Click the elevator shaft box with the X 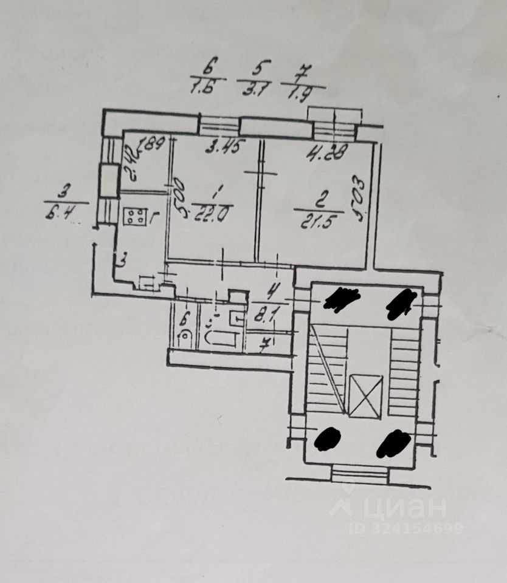[x=367, y=395]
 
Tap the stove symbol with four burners [x=135, y=216]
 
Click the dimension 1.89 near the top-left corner [x=152, y=144]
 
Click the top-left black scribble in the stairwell [x=342, y=299]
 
